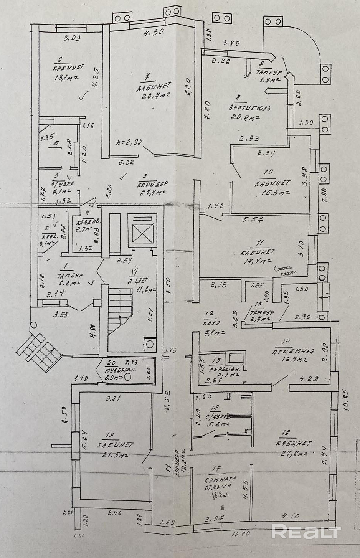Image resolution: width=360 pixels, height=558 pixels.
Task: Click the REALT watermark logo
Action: click(306, 532)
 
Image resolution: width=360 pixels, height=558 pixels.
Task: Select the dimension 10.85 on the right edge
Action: click(348, 401)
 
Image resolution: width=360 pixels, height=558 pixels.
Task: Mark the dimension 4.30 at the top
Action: click(154, 33)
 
